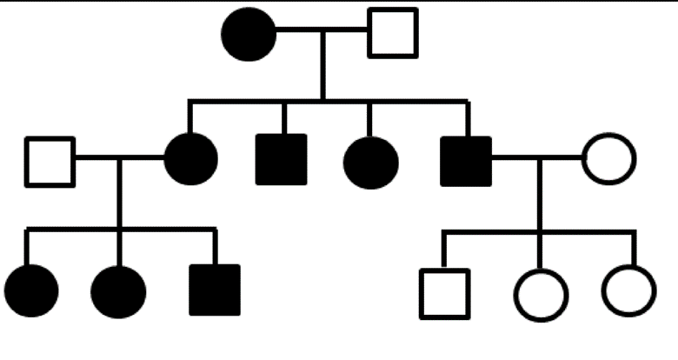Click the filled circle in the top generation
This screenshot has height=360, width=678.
tap(249, 34)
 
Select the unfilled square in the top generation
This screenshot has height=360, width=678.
tap(393, 33)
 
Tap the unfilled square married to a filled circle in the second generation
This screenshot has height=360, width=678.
tap(50, 162)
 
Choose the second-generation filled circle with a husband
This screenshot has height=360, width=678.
tap(190, 159)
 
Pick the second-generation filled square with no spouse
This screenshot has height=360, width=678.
tap(281, 160)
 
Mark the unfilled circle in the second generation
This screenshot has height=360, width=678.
tap(608, 159)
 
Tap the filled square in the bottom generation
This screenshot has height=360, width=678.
tap(215, 290)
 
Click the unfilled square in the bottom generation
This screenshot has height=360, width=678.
tap(444, 294)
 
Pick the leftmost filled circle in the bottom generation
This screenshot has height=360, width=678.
tap(31, 290)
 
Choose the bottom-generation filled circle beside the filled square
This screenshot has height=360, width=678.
tap(118, 291)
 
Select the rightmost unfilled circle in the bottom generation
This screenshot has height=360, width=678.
tap(628, 290)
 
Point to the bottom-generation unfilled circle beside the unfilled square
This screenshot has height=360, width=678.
tap(541, 296)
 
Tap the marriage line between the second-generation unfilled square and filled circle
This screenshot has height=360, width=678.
tap(119, 158)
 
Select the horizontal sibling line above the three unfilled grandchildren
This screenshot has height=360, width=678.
tap(539, 232)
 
